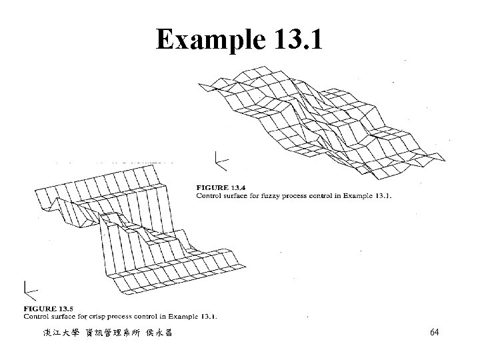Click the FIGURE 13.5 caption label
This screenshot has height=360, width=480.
click(45, 309)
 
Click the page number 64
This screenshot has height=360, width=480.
click(434, 332)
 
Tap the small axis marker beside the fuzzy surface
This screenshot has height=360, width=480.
click(220, 160)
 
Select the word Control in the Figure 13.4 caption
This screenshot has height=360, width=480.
click(209, 195)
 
